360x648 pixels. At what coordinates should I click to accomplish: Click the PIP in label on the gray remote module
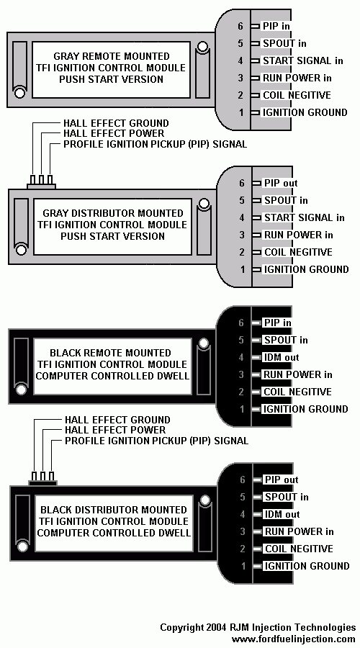point(276,26)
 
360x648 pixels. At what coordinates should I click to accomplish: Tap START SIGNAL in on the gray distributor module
point(305,217)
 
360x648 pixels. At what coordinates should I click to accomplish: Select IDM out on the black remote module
point(281,357)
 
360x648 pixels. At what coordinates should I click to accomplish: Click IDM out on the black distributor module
point(282,515)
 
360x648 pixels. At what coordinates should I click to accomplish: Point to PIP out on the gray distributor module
point(281,183)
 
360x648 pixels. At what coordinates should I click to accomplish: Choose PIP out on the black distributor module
point(282,480)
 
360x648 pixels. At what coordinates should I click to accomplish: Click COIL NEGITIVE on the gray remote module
point(297,95)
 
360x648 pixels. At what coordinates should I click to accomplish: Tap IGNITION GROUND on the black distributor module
point(307,566)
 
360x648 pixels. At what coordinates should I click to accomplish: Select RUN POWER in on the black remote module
point(298,375)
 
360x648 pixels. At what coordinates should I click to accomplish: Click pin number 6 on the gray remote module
point(241,26)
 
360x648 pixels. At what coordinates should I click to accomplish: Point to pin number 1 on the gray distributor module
point(242,269)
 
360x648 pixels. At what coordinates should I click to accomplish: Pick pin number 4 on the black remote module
point(241,357)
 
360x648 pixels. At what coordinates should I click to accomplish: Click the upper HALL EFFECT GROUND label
point(116,123)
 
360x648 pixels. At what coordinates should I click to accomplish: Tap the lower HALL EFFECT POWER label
point(115,431)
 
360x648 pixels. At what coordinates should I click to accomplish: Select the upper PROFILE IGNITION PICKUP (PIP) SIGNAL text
point(155,144)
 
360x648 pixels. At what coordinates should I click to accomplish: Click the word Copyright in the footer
point(179,628)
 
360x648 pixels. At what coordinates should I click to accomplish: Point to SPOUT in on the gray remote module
point(284,43)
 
